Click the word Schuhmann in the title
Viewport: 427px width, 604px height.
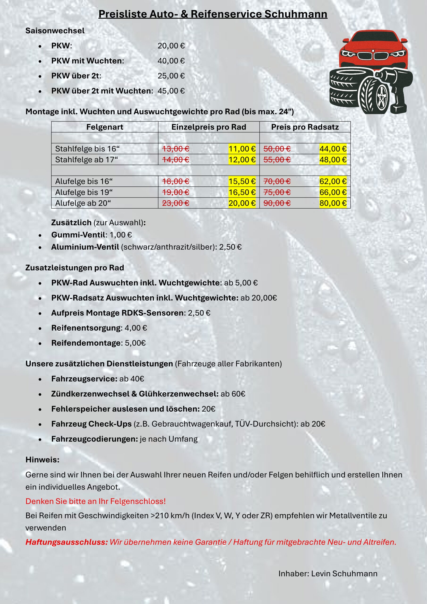296,14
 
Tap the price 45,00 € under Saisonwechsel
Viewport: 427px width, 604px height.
171,91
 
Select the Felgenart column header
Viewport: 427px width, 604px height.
105,127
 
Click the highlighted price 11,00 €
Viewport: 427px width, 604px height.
242,149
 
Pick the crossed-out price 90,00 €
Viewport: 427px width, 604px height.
277,203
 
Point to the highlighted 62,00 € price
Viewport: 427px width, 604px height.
333,181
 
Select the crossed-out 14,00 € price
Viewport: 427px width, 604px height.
176,160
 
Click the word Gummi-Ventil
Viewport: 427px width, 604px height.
78,235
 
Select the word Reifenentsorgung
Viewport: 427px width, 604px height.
87,328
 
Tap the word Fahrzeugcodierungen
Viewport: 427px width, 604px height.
94,439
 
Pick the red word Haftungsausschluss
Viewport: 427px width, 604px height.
67,542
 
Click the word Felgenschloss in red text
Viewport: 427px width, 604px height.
138,501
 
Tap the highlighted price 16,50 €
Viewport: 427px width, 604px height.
242,192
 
